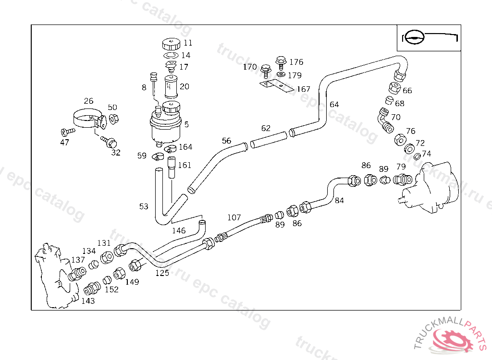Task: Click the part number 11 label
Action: [x=188, y=43]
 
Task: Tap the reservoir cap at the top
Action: [x=171, y=45]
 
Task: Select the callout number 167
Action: [x=303, y=89]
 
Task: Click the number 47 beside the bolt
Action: [x=64, y=142]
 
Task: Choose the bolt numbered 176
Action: [x=281, y=62]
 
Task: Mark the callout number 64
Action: [x=334, y=105]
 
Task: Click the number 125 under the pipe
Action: [x=162, y=273]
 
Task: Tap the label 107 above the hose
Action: [x=234, y=217]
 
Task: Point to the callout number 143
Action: [x=88, y=301]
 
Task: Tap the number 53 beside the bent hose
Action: [x=144, y=206]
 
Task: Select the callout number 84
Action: [x=339, y=200]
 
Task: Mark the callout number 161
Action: [x=184, y=165]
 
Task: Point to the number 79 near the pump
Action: [x=401, y=167]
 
